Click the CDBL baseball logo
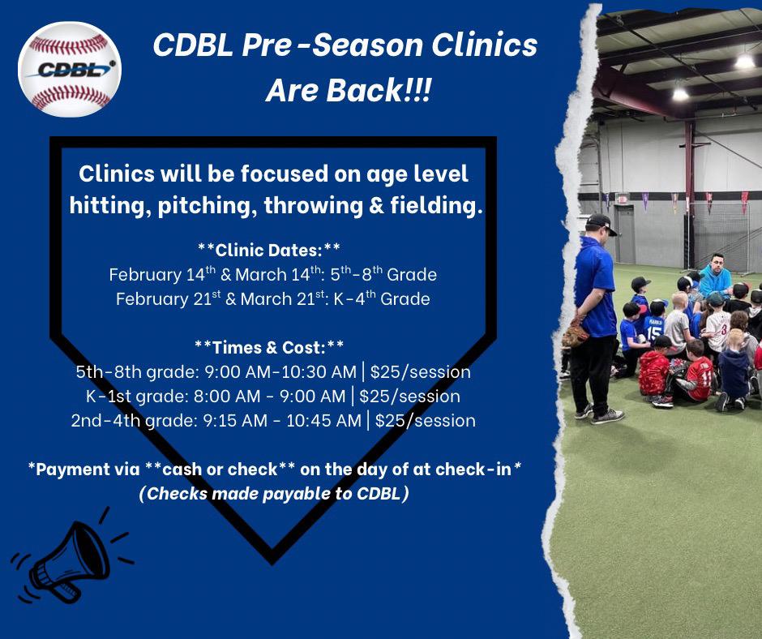[x=70, y=69]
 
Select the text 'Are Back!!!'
[x=348, y=91]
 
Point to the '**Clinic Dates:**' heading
[x=269, y=250]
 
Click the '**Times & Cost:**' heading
[x=269, y=347]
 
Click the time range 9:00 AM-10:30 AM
[x=280, y=372]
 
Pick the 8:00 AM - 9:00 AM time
[x=269, y=397]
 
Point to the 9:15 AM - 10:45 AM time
[x=282, y=421]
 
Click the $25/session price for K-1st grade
[x=409, y=397]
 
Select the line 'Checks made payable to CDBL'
[x=274, y=494]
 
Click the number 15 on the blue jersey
[x=654, y=332]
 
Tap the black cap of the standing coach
[x=601, y=223]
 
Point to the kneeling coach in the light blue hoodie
[x=715, y=275]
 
